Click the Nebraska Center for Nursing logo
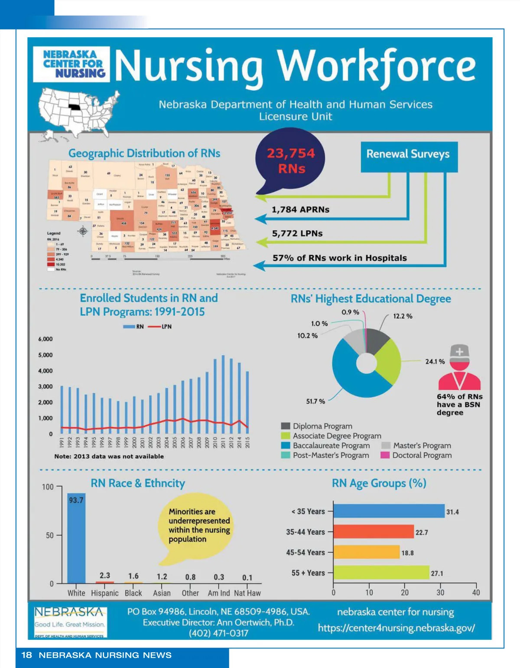[71, 64]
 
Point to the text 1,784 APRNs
[300, 210]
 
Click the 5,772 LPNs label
[297, 233]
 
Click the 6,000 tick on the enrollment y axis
[45, 339]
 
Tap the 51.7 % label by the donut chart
[315, 401]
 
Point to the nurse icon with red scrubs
[459, 369]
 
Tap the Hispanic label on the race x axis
[104, 593]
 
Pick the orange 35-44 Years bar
[374, 532]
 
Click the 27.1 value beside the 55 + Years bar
[437, 573]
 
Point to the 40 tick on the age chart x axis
[476, 593]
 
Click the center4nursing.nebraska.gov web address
[396, 628]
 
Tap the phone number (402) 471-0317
[218, 633]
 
